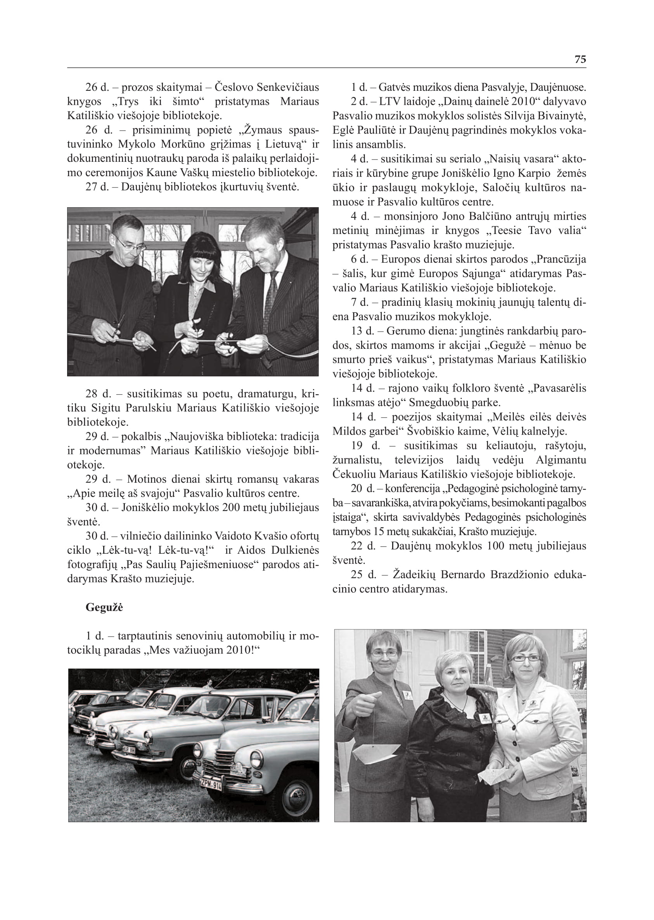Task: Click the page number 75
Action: (580, 59)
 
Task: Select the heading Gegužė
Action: (104, 607)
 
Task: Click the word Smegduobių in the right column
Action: (438, 402)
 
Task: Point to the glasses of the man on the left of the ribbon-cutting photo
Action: (130, 243)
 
